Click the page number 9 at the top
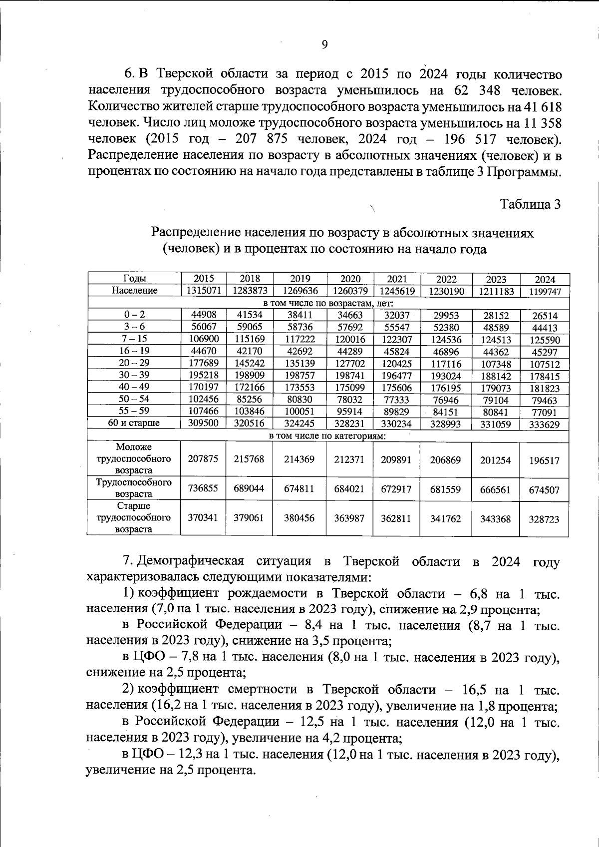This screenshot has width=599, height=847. tap(324, 45)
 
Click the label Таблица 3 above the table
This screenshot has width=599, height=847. tap(531, 204)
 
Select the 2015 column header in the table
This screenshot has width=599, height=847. tap(203, 279)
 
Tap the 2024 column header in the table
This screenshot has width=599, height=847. tap(545, 280)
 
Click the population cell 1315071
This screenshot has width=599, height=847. tap(203, 290)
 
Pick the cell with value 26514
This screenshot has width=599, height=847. tap(545, 316)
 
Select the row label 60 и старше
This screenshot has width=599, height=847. tap(134, 423)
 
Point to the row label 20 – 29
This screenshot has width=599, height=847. tap(134, 363)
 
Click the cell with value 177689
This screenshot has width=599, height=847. tap(203, 363)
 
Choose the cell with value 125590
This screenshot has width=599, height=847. tap(545, 340)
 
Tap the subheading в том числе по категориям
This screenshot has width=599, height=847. tap(328, 436)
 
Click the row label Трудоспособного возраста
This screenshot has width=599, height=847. tap(134, 488)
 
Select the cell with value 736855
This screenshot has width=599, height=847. tap(203, 488)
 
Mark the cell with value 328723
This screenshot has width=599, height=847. tap(545, 519)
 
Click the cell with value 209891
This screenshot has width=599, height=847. tap(397, 459)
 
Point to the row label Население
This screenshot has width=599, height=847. tap(134, 290)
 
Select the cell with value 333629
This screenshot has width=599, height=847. tap(545, 424)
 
